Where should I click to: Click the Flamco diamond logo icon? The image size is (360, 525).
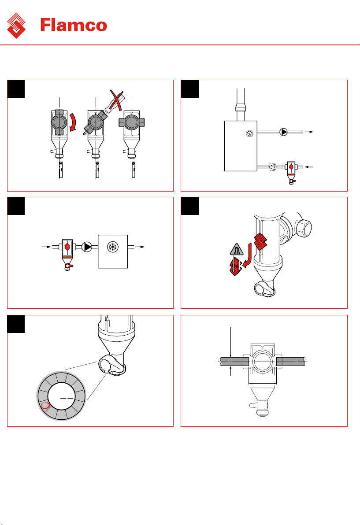click(16, 26)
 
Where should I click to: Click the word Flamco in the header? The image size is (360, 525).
click(74, 25)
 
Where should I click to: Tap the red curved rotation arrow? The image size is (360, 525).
click(73, 122)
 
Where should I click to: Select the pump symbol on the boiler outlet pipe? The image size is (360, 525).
click(284, 132)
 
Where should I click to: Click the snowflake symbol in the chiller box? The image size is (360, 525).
click(112, 247)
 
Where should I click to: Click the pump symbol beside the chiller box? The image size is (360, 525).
click(87, 247)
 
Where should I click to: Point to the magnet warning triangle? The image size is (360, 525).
click(237, 249)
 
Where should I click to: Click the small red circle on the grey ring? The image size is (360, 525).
click(45, 406)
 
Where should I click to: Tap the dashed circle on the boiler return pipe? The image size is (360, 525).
click(272, 167)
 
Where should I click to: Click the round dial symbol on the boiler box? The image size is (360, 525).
click(249, 133)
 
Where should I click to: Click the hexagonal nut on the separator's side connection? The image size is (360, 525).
click(303, 228)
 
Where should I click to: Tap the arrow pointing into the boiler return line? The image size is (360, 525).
click(309, 167)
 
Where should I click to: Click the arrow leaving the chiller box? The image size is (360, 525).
click(140, 247)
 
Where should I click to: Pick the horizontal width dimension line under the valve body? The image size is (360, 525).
click(263, 383)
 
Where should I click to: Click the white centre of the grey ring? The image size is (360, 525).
click(61, 396)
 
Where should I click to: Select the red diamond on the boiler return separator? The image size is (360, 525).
click(291, 167)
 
